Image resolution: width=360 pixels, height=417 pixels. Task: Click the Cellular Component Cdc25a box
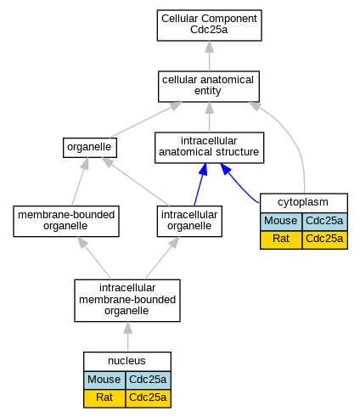[209, 25]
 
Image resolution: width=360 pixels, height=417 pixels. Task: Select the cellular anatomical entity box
[209, 87]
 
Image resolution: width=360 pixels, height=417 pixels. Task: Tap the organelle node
[90, 148]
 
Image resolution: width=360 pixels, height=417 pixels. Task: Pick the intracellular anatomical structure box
[209, 148]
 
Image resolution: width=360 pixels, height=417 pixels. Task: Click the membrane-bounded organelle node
[66, 221]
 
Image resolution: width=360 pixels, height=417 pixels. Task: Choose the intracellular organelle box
[189, 221]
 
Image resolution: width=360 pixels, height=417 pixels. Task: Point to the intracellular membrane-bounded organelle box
[127, 301]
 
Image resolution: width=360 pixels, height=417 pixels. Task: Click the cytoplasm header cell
[304, 203]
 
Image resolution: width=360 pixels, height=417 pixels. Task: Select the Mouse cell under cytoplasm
[281, 221]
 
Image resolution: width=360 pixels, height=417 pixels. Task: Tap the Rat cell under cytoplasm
[281, 239]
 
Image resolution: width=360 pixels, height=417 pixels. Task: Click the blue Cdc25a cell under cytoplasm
[324, 221]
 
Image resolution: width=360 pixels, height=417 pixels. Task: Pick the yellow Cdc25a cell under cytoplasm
[324, 239]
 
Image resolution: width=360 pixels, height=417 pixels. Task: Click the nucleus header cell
[127, 361]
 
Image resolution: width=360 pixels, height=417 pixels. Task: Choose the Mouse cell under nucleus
[104, 380]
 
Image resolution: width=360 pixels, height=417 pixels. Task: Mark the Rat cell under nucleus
[104, 398]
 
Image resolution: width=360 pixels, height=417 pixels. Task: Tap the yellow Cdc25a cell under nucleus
[148, 398]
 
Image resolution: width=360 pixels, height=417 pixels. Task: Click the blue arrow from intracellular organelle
[200, 184]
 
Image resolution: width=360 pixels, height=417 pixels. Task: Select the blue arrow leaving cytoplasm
[237, 183]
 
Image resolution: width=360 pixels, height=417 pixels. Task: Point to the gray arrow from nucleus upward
[127, 336]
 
